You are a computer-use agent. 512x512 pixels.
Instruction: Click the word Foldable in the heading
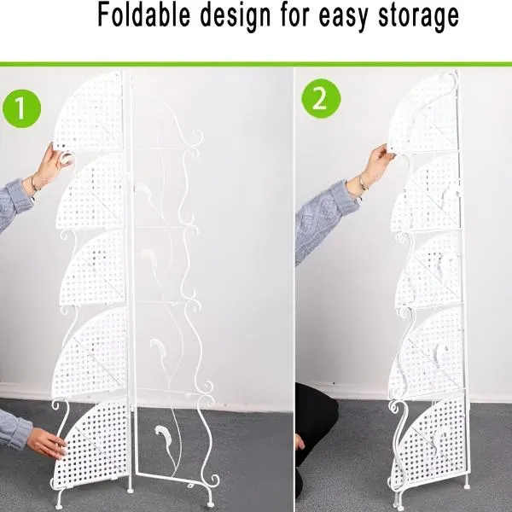point(144,15)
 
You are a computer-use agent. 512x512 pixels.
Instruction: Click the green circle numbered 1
point(21,108)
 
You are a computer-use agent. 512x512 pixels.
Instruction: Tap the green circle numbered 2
point(321,98)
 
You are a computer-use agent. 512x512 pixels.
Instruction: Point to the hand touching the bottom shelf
point(46,442)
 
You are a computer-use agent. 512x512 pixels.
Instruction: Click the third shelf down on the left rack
point(93,268)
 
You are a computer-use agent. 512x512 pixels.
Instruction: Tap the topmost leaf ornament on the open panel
point(143,191)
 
